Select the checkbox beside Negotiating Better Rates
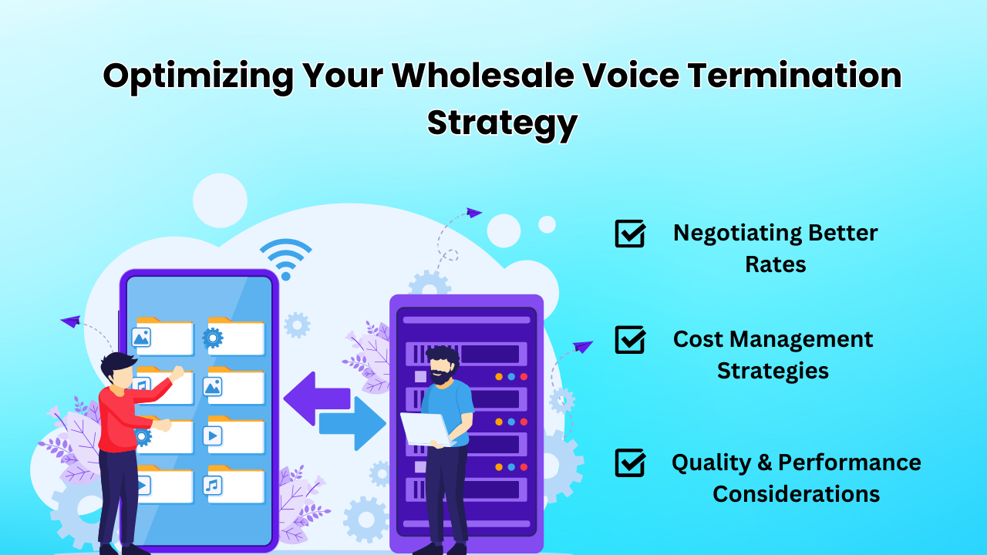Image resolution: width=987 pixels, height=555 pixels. [x=630, y=233]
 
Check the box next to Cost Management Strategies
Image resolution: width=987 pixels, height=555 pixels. [x=630, y=339]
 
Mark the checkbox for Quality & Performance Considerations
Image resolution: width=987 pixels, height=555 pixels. [x=630, y=462]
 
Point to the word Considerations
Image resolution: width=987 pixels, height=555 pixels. [x=796, y=494]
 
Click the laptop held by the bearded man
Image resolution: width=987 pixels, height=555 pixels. [x=425, y=429]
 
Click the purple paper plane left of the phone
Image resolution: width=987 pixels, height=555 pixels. [x=70, y=321]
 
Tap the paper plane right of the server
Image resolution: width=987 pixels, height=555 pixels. [x=583, y=347]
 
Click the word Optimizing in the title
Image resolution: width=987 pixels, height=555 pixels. [x=198, y=76]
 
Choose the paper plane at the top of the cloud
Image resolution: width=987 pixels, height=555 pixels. [x=474, y=212]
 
